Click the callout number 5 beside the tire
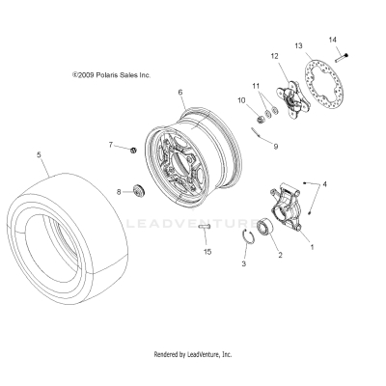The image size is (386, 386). tap(38, 154)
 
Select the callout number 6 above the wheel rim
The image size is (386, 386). tap(179, 93)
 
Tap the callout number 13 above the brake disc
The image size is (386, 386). tap(298, 46)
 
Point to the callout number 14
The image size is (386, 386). tap(334, 40)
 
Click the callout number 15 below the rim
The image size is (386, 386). tap(207, 252)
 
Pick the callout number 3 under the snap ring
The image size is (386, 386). tap(244, 262)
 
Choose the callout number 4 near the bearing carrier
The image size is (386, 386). tap(324, 183)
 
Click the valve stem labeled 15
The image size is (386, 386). tap(206, 228)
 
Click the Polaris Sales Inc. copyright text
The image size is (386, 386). tap(112, 73)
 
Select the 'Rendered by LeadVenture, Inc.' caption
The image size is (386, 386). tap(193, 355)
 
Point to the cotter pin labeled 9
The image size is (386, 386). tap(255, 132)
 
